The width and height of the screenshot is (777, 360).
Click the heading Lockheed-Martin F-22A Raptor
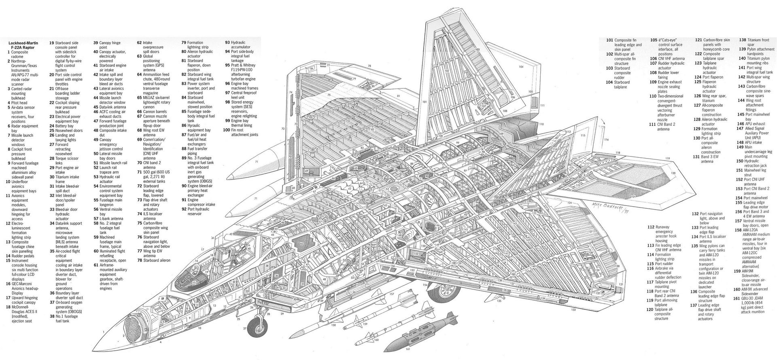click(25, 45)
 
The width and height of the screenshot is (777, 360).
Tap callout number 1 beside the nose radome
click(104, 331)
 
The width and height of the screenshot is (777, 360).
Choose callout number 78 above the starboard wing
click(369, 65)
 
